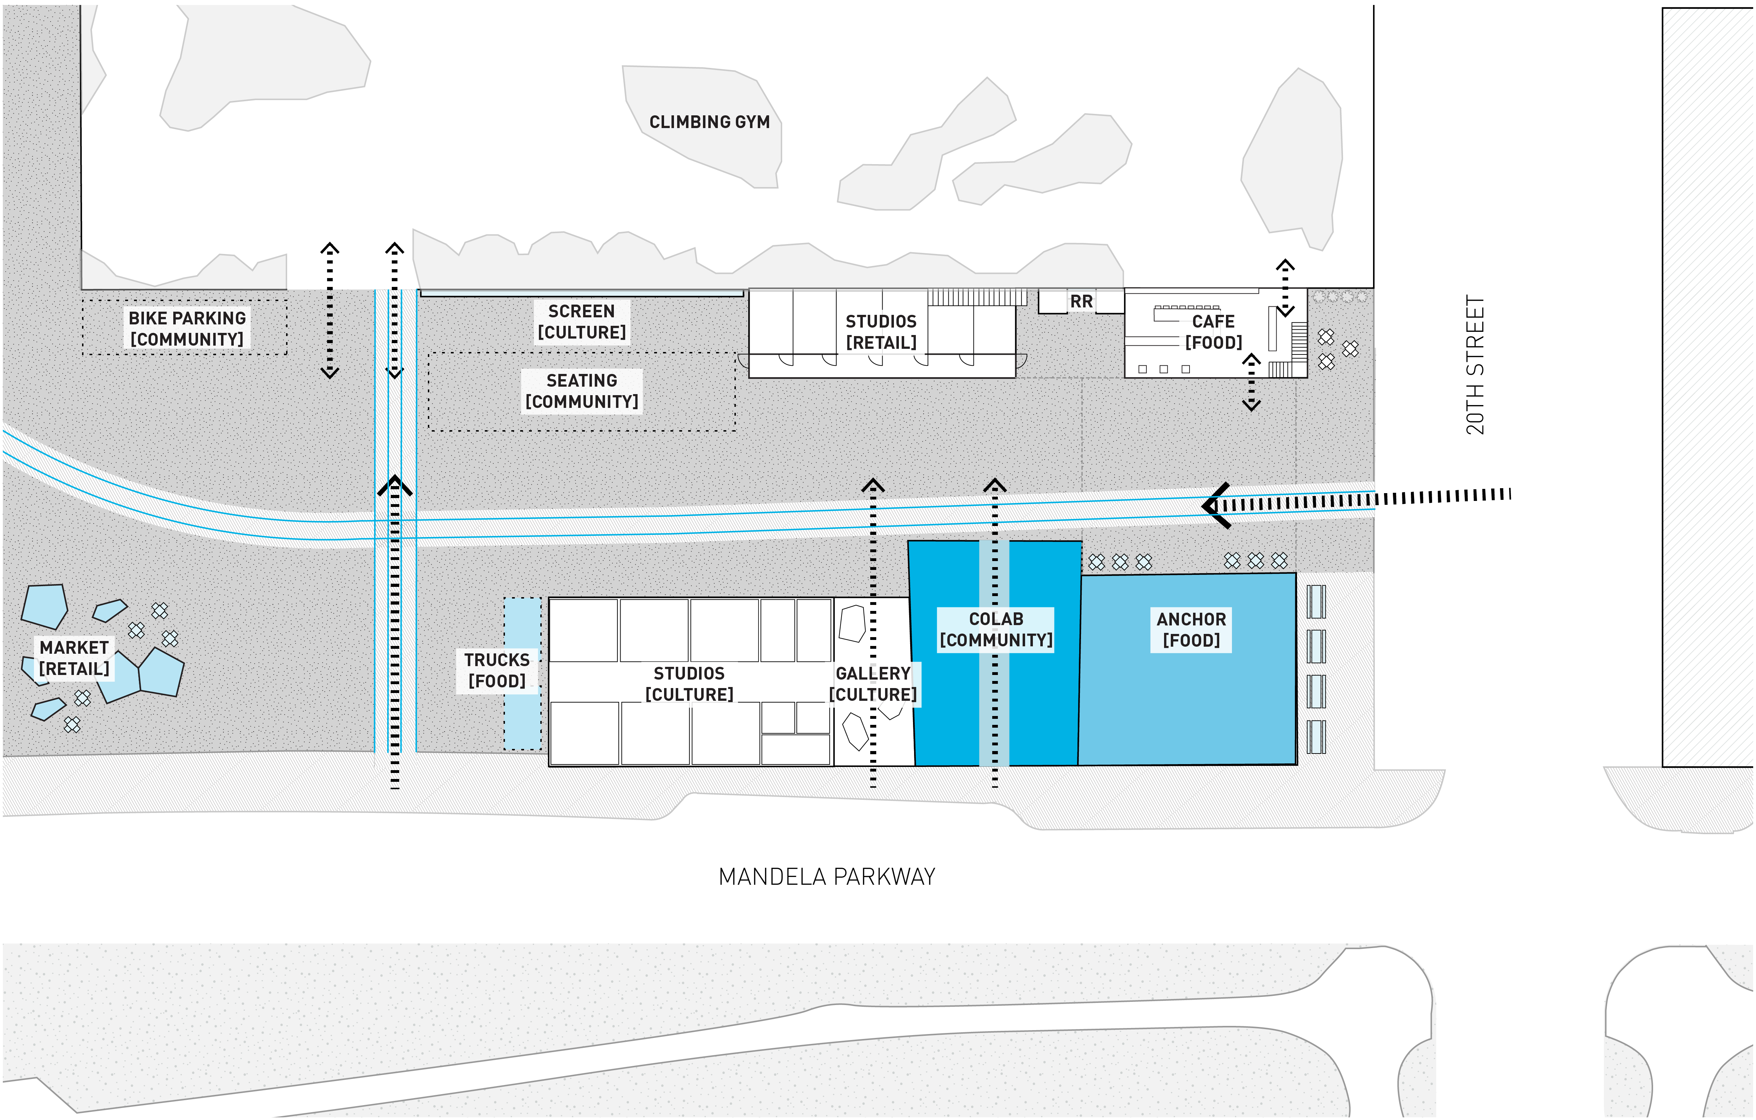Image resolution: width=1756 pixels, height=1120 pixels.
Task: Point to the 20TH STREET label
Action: click(1475, 365)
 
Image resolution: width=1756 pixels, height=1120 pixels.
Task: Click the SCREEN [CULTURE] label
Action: click(581, 322)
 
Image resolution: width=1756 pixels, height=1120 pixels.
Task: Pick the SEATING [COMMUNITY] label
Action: click(581, 391)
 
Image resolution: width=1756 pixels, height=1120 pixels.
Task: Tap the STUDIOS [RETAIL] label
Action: click(881, 332)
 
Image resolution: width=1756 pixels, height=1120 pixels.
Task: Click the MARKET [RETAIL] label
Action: click(74, 658)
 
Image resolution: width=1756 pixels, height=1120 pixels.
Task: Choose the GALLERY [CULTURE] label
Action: click(873, 684)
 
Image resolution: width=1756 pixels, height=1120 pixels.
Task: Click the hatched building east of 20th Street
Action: click(1706, 387)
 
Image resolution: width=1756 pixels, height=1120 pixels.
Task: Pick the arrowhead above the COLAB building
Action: click(995, 485)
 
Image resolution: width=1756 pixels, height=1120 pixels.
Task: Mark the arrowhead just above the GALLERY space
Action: click(873, 485)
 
